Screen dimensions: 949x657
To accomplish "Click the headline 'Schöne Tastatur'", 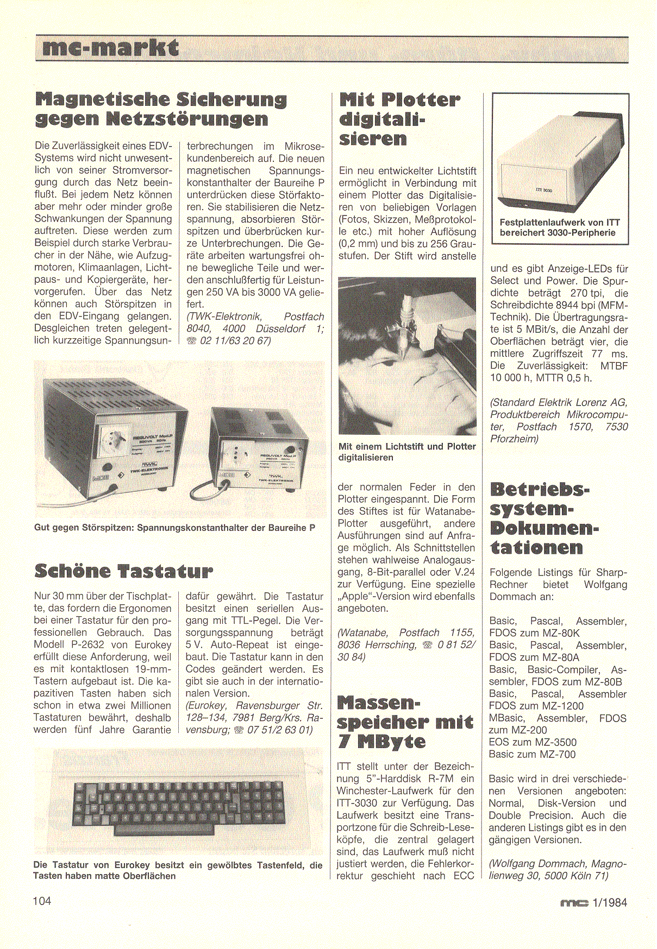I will point(123,571).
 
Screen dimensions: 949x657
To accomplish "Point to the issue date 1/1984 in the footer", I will point(610,903).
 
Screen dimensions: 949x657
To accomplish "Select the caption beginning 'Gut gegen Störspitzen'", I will point(174,527).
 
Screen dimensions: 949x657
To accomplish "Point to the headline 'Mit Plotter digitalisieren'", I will point(399,119).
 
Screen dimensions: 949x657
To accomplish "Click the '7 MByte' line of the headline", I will point(381,742).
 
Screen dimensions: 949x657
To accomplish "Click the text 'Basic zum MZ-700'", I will point(532,754).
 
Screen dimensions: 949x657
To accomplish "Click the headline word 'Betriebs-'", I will point(540,489).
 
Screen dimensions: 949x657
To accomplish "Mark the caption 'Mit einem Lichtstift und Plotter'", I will point(407,446).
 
